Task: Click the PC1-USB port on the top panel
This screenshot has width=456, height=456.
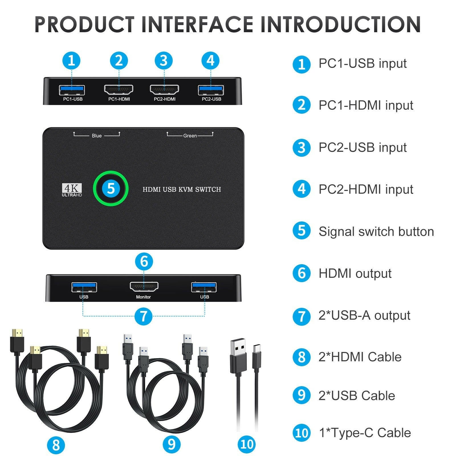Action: (x=72, y=90)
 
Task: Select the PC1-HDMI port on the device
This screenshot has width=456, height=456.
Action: (x=119, y=90)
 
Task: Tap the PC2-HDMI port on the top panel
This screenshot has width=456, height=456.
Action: (x=164, y=90)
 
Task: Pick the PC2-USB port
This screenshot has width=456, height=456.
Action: (x=211, y=90)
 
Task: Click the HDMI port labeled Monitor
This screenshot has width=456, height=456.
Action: (x=144, y=287)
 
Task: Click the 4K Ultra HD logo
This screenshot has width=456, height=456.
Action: (x=72, y=190)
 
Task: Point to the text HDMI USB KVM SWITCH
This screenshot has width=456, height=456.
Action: (x=182, y=190)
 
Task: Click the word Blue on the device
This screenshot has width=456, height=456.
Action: (x=97, y=136)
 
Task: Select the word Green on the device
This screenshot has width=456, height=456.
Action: (x=190, y=136)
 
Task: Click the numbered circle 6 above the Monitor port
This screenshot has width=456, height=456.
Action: (x=144, y=261)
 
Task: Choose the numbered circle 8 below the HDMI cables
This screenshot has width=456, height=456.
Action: (x=56, y=445)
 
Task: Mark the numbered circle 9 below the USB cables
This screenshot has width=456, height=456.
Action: (x=172, y=444)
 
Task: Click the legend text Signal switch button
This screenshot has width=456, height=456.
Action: (x=376, y=231)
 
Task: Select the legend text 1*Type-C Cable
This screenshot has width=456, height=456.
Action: (x=365, y=433)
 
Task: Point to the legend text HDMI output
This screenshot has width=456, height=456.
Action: (x=355, y=274)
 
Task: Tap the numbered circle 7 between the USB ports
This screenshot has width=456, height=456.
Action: (x=143, y=316)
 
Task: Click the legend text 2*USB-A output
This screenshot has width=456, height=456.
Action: (x=364, y=315)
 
